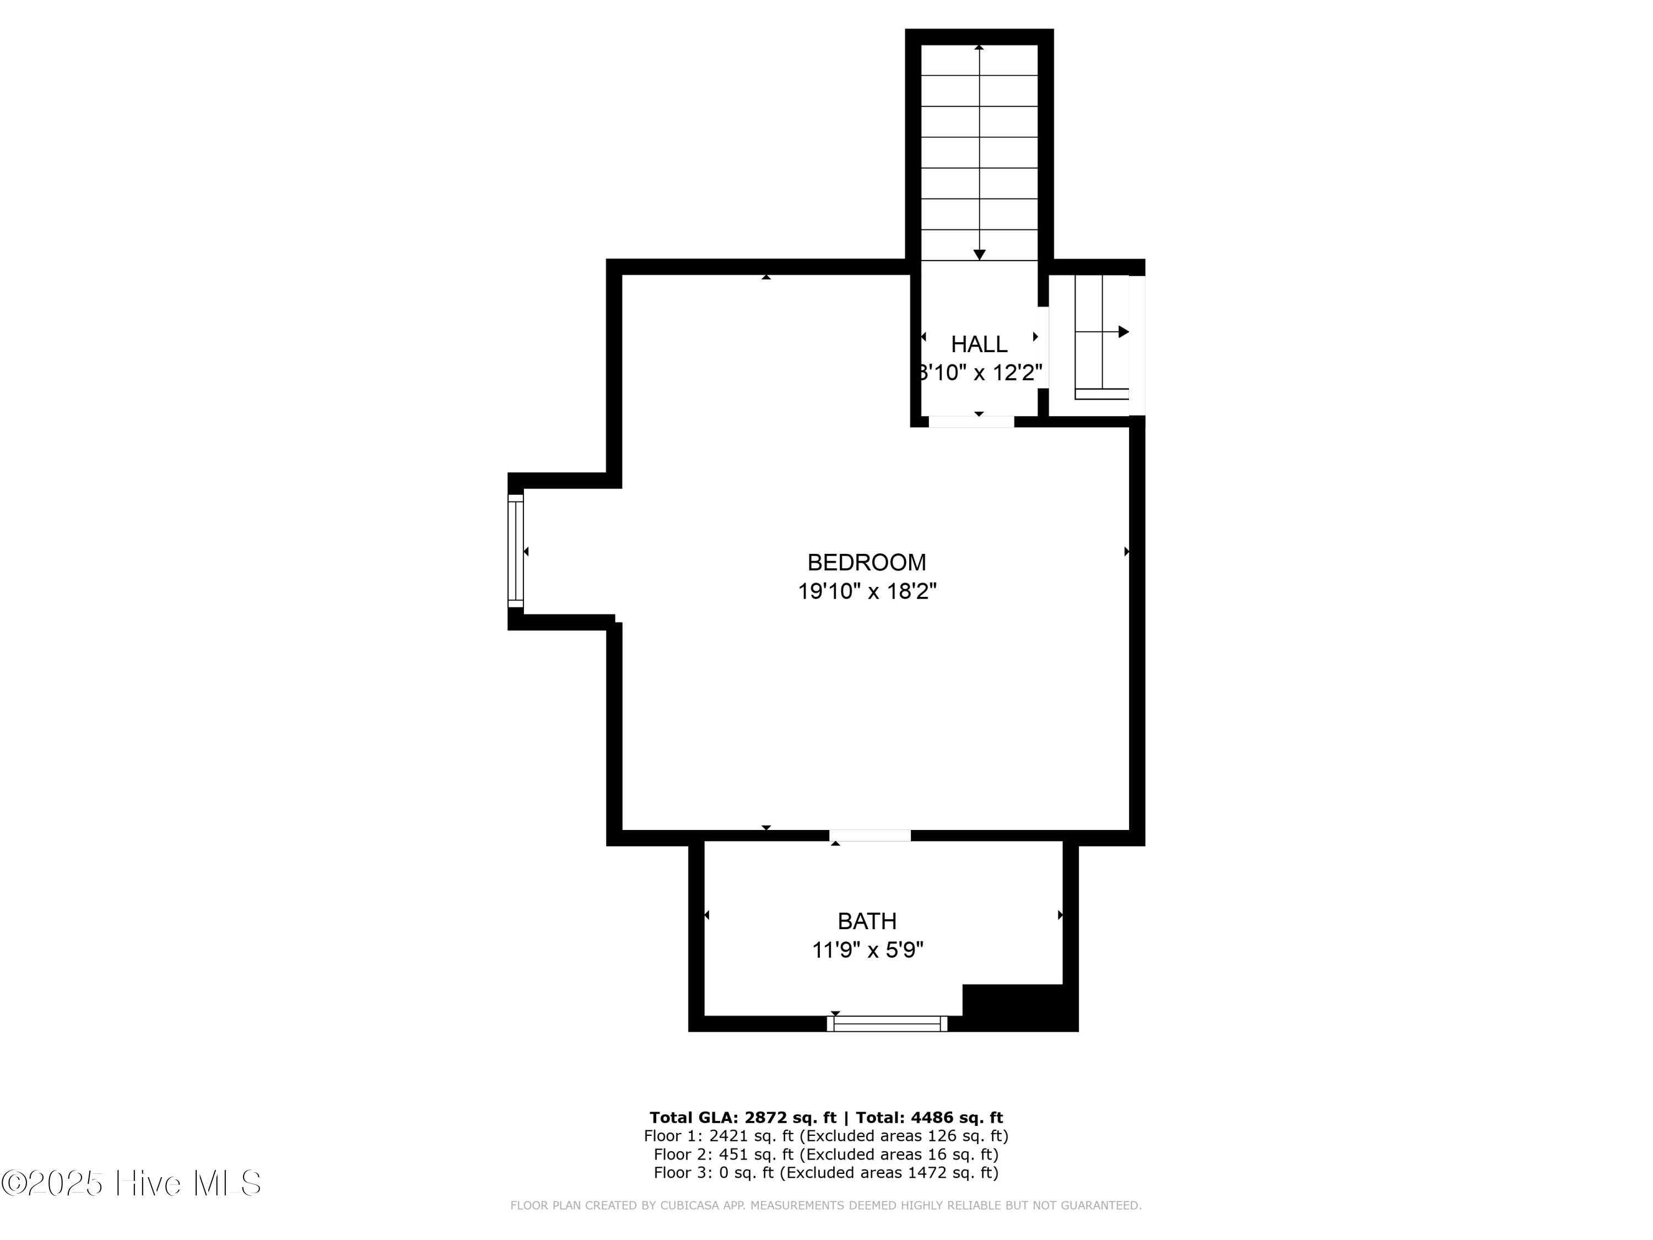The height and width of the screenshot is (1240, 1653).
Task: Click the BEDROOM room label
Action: pos(866,562)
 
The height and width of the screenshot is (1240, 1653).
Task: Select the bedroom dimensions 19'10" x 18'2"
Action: pos(867,591)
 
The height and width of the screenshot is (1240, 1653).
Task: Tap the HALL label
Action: pos(979,344)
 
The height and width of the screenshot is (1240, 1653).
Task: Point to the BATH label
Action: pos(867,921)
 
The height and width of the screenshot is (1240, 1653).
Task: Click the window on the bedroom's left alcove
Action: pos(516,551)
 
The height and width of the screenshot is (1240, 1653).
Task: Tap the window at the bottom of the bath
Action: pos(887,1023)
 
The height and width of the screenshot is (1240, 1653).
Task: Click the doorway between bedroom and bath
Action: pos(870,835)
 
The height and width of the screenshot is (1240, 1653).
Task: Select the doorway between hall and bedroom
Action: pos(971,422)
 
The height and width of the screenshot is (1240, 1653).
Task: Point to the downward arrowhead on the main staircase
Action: pos(979,255)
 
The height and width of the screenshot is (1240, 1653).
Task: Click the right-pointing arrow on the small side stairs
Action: pos(1123,332)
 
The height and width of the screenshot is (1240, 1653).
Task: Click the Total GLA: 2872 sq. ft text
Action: pos(742,1118)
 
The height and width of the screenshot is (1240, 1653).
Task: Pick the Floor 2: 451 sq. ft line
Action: pos(826,1154)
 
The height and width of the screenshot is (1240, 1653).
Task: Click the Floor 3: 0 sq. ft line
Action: pos(826,1173)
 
